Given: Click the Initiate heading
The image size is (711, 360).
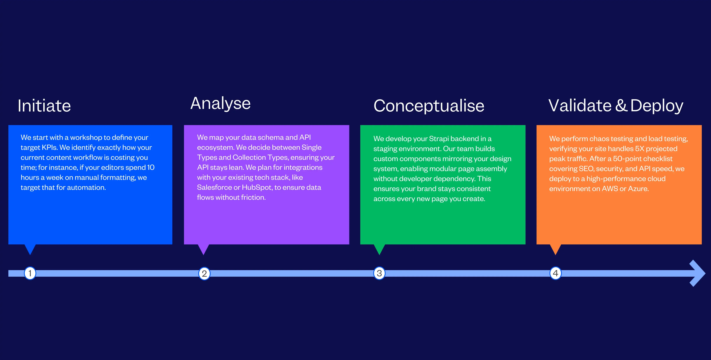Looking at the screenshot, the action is pos(44,106).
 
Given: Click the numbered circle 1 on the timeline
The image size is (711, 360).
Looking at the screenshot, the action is pos(30,273).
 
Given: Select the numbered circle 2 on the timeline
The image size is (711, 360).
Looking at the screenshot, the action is pos(204,274).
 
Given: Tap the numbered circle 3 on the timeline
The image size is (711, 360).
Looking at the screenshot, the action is pos(379,273).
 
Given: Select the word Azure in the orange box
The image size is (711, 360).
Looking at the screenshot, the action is pos(638,189).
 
